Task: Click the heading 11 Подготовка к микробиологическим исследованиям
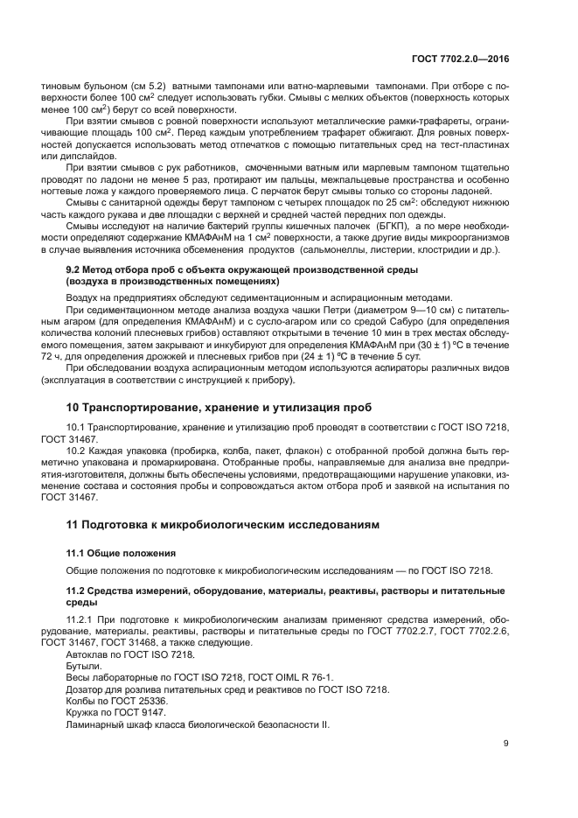224,525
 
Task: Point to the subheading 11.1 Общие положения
122,554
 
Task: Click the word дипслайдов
75,157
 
